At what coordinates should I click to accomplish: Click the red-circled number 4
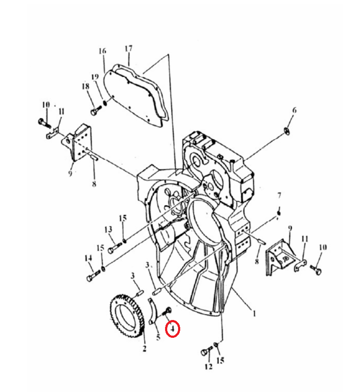(x=172, y=329)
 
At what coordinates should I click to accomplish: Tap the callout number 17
(x=128, y=48)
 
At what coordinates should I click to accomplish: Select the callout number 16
(x=102, y=51)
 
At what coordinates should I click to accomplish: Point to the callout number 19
(x=95, y=77)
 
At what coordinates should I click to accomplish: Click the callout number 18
(x=85, y=86)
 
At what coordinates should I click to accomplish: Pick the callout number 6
(x=294, y=110)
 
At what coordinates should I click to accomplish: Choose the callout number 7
(x=279, y=195)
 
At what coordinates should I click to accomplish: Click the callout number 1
(x=254, y=314)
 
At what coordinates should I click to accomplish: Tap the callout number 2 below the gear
(x=144, y=348)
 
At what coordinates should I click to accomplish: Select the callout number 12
(x=209, y=367)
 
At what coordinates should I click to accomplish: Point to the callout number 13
(x=108, y=229)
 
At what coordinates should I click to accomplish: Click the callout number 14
(x=88, y=258)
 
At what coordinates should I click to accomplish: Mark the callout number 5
(x=158, y=337)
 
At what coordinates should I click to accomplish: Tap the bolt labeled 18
(x=96, y=111)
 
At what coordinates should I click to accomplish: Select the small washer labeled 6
(x=287, y=131)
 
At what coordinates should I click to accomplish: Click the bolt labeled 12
(x=206, y=351)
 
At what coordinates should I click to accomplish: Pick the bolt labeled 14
(x=93, y=276)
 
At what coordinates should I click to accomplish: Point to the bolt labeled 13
(x=115, y=248)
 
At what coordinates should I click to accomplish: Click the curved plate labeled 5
(x=154, y=311)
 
